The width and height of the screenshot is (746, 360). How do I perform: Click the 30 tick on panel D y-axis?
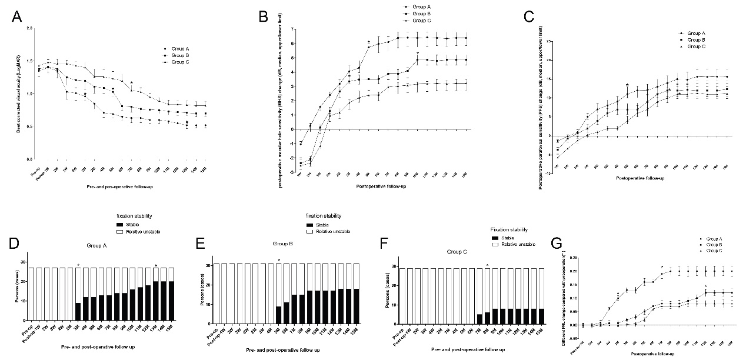tap(24, 262)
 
